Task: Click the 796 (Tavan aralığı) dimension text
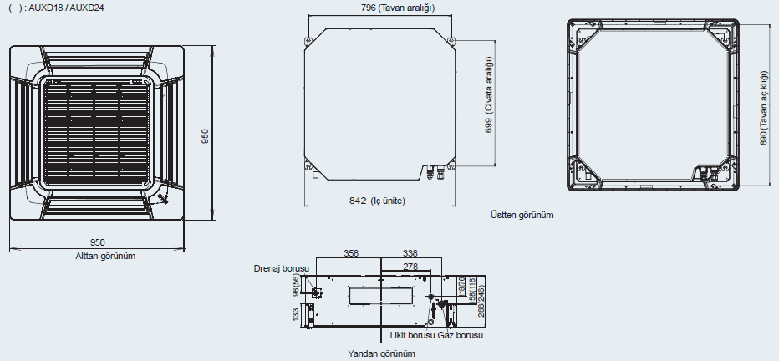click(x=398, y=8)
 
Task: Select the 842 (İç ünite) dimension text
click(x=377, y=201)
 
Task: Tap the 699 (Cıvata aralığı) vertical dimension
click(x=489, y=94)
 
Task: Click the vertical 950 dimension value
click(x=205, y=135)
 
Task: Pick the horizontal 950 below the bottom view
click(x=97, y=242)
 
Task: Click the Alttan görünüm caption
click(x=105, y=257)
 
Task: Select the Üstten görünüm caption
click(x=522, y=215)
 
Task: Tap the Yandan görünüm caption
click(x=381, y=353)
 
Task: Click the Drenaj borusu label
click(x=282, y=268)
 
